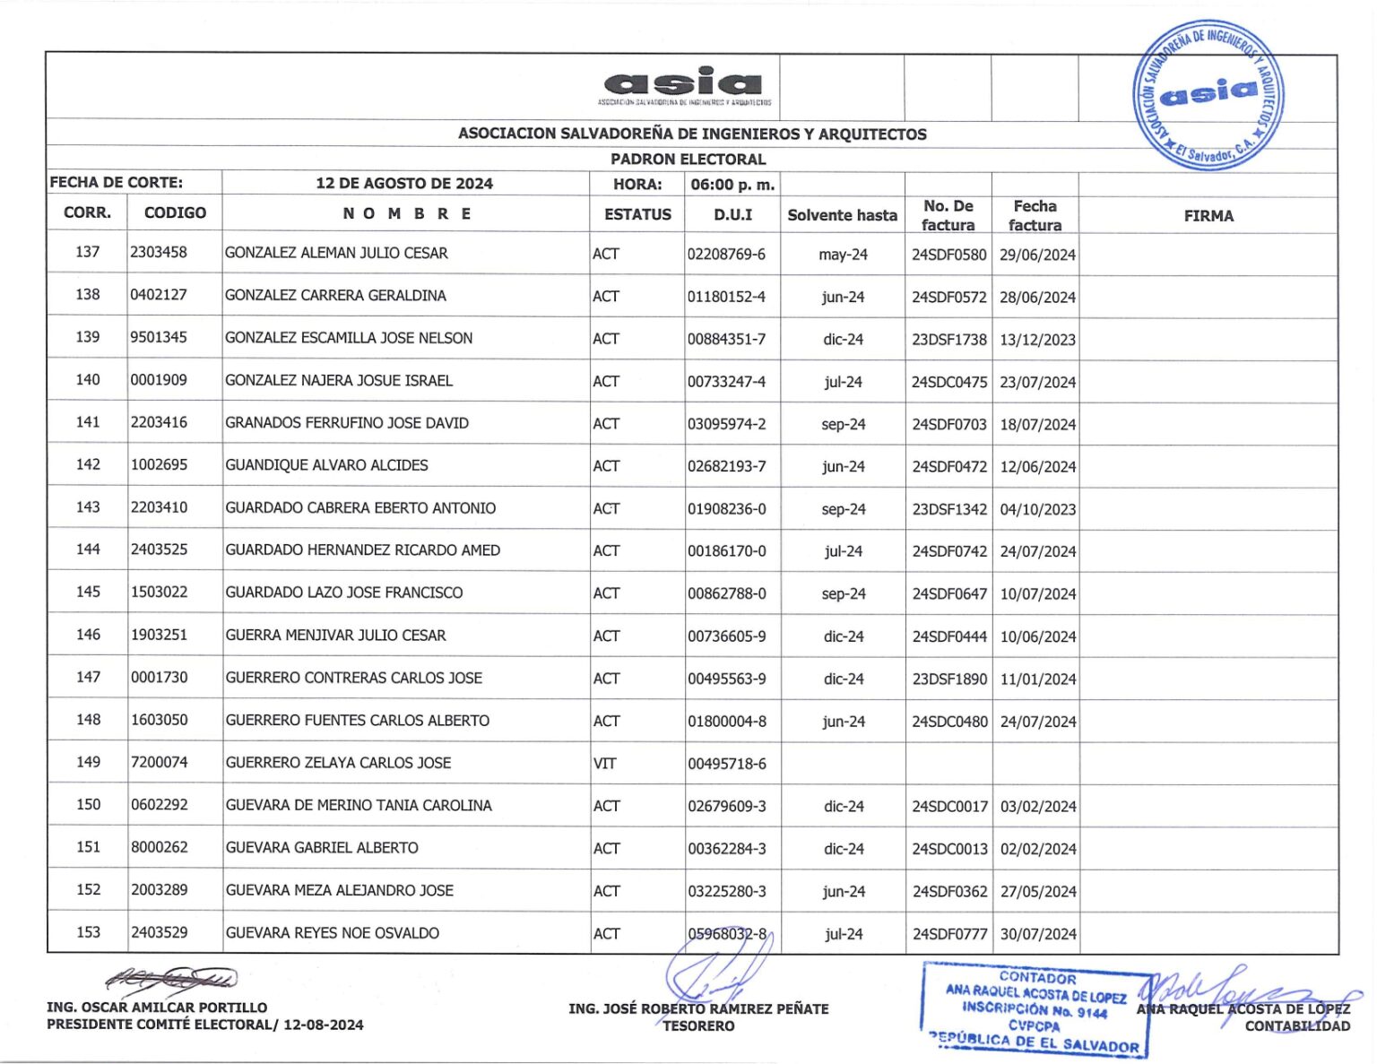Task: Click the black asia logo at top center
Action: (683, 84)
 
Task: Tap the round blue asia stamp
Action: (1208, 95)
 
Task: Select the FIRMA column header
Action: (1208, 216)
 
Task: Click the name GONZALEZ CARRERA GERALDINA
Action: (335, 296)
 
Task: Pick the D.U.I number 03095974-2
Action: (726, 424)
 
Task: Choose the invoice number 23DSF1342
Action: (948, 509)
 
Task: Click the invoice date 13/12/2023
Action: (1037, 340)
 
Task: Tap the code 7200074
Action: (159, 763)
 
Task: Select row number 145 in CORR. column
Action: (88, 593)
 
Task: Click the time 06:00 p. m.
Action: (732, 185)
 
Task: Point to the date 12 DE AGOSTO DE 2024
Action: (403, 184)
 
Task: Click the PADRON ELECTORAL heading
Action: (688, 160)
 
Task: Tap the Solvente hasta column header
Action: (842, 215)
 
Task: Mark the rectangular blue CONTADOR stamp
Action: (1035, 1011)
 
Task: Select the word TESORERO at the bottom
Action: (698, 1026)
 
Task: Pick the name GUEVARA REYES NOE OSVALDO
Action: (332, 933)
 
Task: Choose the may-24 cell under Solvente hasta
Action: (843, 255)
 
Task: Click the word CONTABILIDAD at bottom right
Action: (1296, 1026)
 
